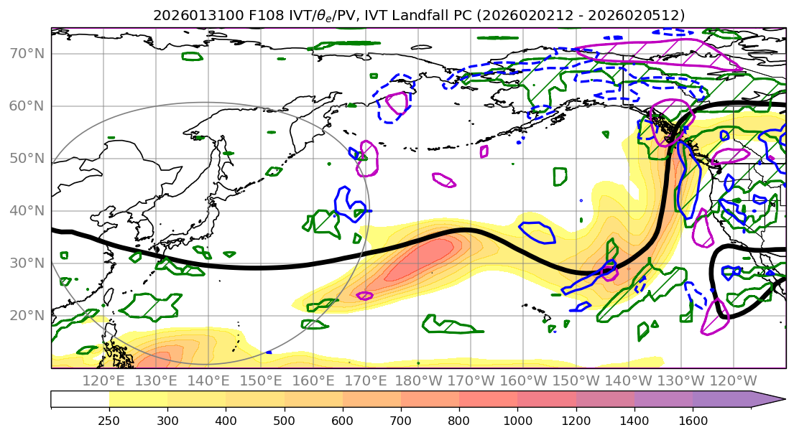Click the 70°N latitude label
coord(27,53)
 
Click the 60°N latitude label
coord(27,106)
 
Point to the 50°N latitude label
coord(27,158)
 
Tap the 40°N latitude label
coord(27,210)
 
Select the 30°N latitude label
coord(27,263)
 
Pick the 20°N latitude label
coord(27,315)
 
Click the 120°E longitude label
coord(103,380)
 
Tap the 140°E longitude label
coord(208,380)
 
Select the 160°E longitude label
coord(313,380)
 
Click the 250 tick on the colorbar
coord(109,418)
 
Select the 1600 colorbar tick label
coord(693,418)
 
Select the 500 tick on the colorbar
coord(284,418)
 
